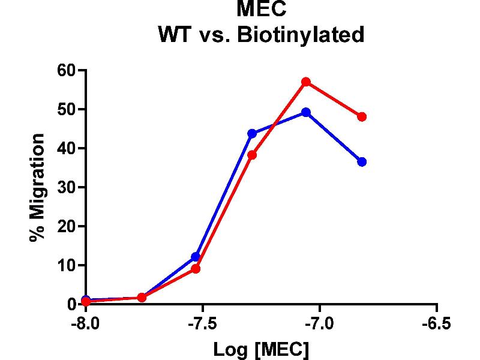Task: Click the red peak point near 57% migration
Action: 306,82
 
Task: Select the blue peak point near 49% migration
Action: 306,112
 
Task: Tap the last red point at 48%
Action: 362,116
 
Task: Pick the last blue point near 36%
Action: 362,161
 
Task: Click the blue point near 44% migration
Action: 252,133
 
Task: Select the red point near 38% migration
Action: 252,155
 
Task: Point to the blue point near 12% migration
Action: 196,257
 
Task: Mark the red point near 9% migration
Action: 196,268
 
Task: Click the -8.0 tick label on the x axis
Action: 85,324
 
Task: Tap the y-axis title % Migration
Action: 37,187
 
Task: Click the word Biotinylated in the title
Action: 301,35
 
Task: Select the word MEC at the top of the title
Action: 260,9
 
